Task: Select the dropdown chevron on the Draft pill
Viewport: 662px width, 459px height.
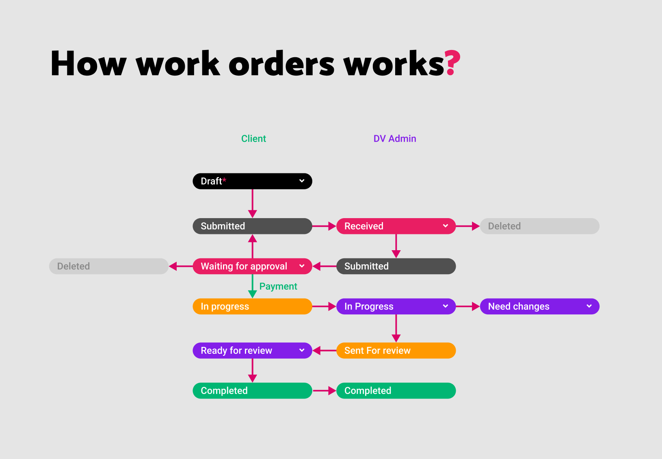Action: (x=302, y=181)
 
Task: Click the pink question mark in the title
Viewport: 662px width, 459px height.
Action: (x=452, y=63)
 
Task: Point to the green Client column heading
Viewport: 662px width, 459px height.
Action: (x=253, y=139)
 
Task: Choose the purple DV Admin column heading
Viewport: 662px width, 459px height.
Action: (x=394, y=139)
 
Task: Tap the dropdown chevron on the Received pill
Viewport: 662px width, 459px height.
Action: (x=446, y=226)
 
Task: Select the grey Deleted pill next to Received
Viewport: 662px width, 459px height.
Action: (x=539, y=226)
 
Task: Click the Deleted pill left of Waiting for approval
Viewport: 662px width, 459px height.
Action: (x=108, y=266)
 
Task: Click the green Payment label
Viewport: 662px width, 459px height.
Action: (x=278, y=286)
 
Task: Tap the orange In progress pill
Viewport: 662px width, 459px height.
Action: (x=252, y=306)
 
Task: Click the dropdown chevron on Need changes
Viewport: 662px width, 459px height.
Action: (x=589, y=306)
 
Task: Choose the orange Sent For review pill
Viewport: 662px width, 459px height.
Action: (x=396, y=351)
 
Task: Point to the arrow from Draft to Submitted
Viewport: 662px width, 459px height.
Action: (x=253, y=203)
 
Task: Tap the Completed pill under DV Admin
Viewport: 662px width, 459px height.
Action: (x=396, y=391)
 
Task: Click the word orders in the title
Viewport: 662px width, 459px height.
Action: (x=281, y=64)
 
